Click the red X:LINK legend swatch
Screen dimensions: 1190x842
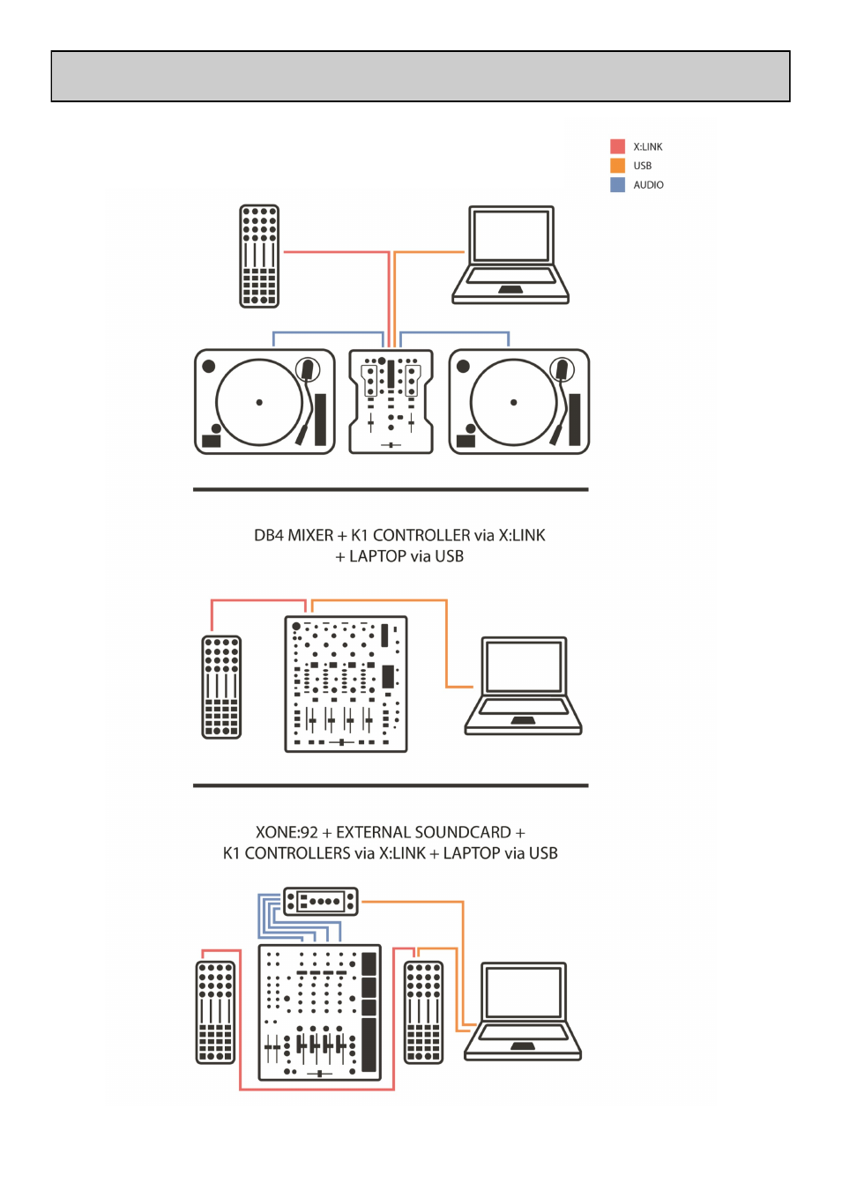pyautogui.click(x=617, y=146)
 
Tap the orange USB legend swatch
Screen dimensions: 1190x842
pyautogui.click(x=617, y=166)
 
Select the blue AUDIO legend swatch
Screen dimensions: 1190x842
pyautogui.click(x=617, y=185)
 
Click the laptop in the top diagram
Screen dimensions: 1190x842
pyautogui.click(x=510, y=256)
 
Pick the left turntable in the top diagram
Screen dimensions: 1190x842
pyautogui.click(x=265, y=402)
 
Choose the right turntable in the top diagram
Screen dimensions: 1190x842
pyautogui.click(x=518, y=402)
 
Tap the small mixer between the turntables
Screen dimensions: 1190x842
pyautogui.click(x=391, y=402)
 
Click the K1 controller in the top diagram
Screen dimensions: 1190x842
pyautogui.click(x=259, y=257)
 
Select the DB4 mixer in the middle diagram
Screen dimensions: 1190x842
pyautogui.click(x=346, y=684)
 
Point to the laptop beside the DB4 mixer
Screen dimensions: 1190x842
pyautogui.click(x=523, y=687)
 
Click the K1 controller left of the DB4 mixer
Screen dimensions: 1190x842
pyautogui.click(x=221, y=687)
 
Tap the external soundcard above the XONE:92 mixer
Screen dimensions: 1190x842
pyautogui.click(x=321, y=901)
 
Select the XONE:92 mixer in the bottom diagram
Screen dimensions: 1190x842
pyautogui.click(x=318, y=1012)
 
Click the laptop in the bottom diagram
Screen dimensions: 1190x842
pyautogui.click(x=523, y=1012)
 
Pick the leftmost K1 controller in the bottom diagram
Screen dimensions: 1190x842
pyautogui.click(x=215, y=1012)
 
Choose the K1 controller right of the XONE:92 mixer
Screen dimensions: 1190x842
pyautogui.click(x=423, y=1012)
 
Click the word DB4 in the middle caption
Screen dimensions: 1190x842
pyautogui.click(x=269, y=536)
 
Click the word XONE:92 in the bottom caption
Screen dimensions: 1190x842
pyautogui.click(x=287, y=833)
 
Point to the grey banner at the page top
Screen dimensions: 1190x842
pyautogui.click(x=421, y=77)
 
